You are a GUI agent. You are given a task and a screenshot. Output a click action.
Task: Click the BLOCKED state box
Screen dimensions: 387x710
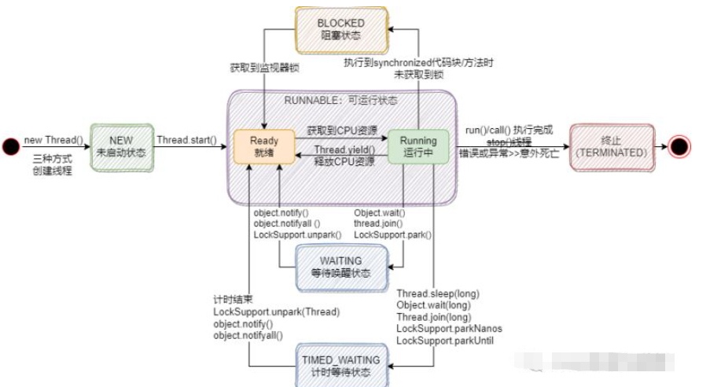coord(341,29)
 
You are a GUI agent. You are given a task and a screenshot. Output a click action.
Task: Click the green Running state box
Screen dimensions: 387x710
coord(418,146)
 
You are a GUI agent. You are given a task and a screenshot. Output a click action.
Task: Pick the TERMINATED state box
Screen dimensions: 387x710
coord(611,146)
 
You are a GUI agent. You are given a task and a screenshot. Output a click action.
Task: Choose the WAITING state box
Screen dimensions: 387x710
coord(341,266)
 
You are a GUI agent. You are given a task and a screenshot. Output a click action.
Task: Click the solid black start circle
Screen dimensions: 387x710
coord(10,146)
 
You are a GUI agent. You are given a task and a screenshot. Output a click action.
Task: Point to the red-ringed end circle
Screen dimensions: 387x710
coord(679,146)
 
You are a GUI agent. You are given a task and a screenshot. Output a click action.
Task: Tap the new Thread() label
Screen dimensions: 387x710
coord(53,140)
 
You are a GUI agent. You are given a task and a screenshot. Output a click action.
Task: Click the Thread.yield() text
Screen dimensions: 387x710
coord(344,150)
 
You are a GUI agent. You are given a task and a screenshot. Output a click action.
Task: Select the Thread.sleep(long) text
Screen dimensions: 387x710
coord(438,294)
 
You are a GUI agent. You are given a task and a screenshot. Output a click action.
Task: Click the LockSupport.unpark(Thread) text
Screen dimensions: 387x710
coord(276,312)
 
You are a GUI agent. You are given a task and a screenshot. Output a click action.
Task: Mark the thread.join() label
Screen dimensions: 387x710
coord(379,223)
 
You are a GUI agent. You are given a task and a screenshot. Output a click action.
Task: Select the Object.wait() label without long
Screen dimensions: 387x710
coord(379,212)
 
